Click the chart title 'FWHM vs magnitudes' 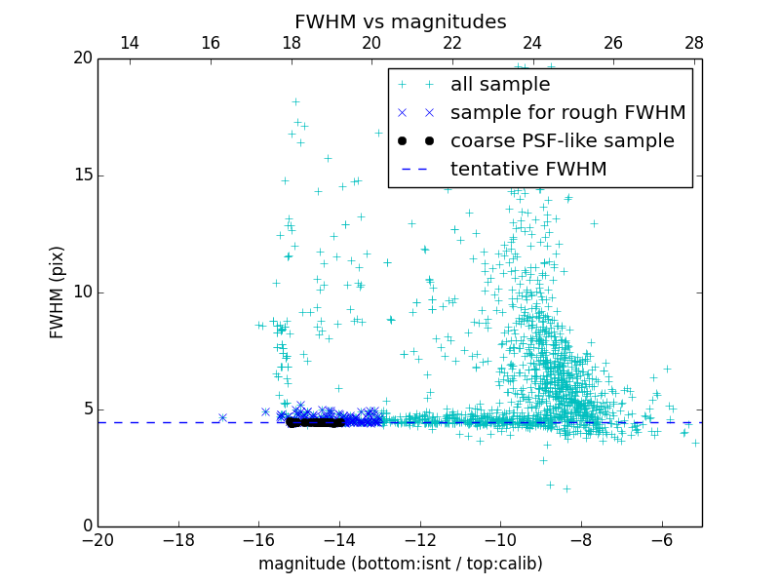400,21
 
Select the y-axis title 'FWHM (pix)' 58,292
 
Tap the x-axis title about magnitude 400,564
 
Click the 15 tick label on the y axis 82,175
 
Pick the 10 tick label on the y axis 82,292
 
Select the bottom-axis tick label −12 419,540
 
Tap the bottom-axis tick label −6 661,540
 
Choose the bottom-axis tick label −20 97,540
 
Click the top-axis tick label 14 129,43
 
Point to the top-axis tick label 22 451,43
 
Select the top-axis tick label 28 693,43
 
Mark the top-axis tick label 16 210,43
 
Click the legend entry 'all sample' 500,85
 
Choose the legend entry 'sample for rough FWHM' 567,113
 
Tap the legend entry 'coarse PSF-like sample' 562,141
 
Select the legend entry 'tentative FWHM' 528,170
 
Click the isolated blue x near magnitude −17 222,417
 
